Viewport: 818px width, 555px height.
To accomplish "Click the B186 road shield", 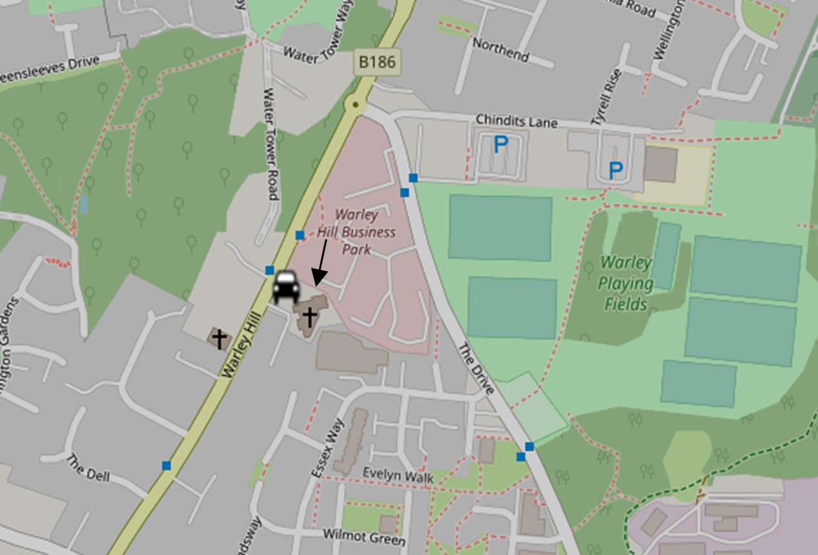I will pyautogui.click(x=377, y=62).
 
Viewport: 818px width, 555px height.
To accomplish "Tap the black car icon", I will pyautogui.click(x=285, y=287).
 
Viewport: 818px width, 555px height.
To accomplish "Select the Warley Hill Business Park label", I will pyautogui.click(x=356, y=231).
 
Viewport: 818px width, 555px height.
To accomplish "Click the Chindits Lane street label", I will pyautogui.click(x=516, y=121).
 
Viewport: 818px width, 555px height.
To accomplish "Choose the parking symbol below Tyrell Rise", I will pyautogui.click(x=616, y=171).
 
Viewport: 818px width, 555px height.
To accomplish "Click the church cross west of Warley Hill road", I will pyautogui.click(x=220, y=338).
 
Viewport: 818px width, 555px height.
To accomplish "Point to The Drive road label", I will pyautogui.click(x=476, y=369).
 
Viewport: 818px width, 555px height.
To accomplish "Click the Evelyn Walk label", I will pyautogui.click(x=397, y=475).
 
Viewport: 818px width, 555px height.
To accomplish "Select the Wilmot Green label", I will pyautogui.click(x=364, y=536).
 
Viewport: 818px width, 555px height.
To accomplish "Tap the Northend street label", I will pyautogui.click(x=500, y=50).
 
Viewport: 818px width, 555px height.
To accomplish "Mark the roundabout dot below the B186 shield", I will pyautogui.click(x=354, y=104).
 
